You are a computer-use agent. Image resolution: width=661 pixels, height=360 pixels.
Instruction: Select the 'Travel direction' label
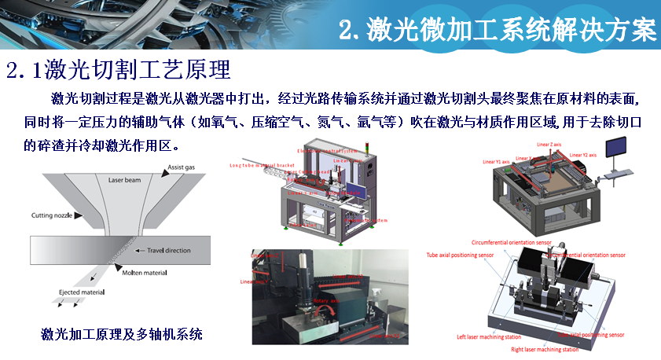[163, 252]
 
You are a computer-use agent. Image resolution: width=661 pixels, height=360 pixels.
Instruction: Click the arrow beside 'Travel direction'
[129, 252]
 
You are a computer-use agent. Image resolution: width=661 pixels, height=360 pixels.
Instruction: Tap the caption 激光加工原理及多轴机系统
[122, 335]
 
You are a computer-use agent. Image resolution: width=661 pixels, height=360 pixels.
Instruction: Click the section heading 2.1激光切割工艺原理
[119, 70]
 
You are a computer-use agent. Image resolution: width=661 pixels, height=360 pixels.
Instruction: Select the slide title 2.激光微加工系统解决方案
[497, 31]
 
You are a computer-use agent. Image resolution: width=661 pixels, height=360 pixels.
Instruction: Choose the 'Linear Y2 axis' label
[584, 153]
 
